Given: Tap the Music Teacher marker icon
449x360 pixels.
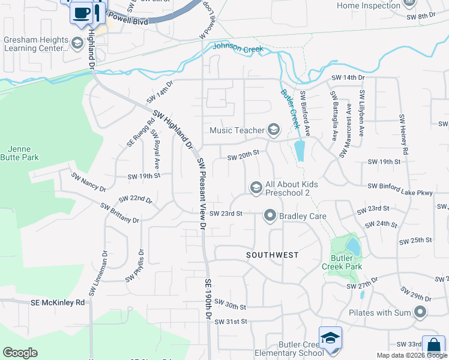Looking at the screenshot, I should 274,130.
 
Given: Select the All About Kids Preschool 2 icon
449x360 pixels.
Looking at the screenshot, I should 256,188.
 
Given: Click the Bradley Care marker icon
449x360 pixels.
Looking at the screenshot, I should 270,215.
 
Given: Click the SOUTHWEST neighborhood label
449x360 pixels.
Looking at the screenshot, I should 273,255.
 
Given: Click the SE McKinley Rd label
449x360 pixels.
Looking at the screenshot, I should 58,303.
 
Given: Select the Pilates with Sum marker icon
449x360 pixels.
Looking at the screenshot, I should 420,312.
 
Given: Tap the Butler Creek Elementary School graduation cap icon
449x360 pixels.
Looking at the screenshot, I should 330,339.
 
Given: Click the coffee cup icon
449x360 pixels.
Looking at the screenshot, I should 82,13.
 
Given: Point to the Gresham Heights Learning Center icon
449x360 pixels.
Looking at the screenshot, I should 76,43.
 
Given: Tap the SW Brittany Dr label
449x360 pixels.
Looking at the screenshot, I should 119,214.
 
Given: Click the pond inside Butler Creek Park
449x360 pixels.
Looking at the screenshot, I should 353,245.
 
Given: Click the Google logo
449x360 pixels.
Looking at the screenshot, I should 20,353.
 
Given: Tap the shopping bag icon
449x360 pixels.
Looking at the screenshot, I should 433,346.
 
